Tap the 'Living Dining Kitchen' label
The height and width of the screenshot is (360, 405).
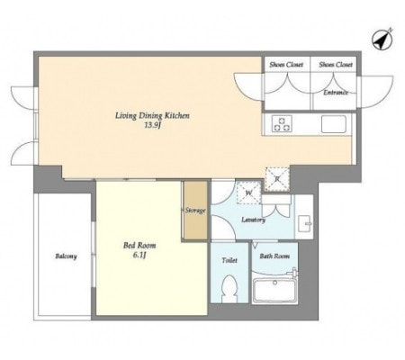pos(151,115)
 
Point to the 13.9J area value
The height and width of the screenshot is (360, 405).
pos(151,126)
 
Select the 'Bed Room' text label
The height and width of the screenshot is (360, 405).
pos(139,245)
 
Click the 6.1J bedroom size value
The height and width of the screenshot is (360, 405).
pos(139,256)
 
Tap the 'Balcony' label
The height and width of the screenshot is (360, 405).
pos(65,256)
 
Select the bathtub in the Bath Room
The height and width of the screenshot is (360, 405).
pos(278,291)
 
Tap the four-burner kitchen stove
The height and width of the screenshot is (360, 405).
pos(280,124)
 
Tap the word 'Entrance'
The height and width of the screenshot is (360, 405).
pos(337,92)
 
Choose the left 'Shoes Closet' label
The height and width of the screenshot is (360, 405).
pos(283,64)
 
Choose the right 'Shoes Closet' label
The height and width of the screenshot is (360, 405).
pos(335,64)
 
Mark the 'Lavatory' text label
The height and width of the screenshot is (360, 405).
pos(253,219)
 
